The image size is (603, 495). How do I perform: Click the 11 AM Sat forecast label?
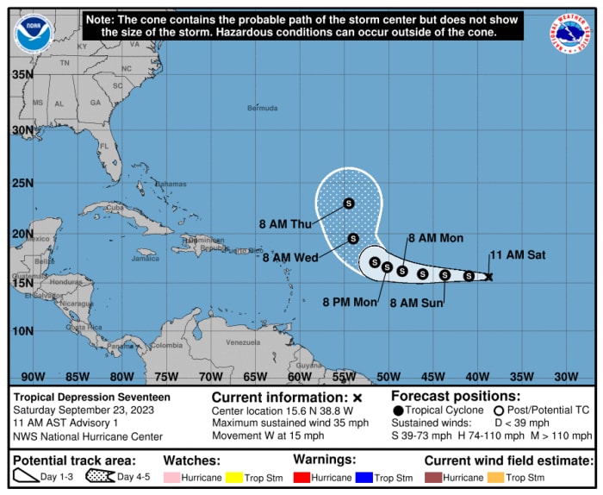pyautogui.click(x=517, y=255)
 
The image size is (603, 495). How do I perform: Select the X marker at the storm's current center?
pyautogui.click(x=488, y=277)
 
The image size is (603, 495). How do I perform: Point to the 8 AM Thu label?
pyautogui.click(x=285, y=224)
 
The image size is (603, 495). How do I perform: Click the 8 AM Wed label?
pyautogui.click(x=290, y=257)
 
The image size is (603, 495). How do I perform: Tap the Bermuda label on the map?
pyautogui.click(x=262, y=109)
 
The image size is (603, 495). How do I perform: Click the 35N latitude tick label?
pyautogui.click(x=23, y=74)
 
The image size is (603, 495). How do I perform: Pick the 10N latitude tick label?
pyautogui.click(x=23, y=331)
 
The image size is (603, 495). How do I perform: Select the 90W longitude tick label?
pyautogui.click(x=33, y=376)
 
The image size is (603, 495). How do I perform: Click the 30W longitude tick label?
pyautogui.click(x=565, y=376)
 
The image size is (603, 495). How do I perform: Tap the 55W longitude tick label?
pyautogui.click(x=343, y=376)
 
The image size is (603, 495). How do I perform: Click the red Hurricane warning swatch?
pyautogui.click(x=301, y=477)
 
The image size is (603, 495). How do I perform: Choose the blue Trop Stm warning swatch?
pyautogui.click(x=364, y=477)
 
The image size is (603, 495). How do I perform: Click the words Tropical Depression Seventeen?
pyautogui.click(x=92, y=397)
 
